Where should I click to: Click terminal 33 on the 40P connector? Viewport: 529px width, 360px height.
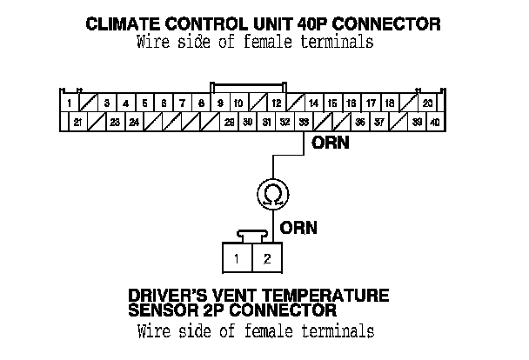click(x=303, y=123)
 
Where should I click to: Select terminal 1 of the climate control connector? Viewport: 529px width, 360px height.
click(x=70, y=103)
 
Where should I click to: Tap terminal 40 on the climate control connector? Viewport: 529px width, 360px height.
click(x=436, y=123)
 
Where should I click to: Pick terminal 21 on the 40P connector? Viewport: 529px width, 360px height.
click(x=78, y=123)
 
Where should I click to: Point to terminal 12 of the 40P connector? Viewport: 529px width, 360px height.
click(x=276, y=103)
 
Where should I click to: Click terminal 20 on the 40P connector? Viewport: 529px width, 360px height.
click(x=427, y=103)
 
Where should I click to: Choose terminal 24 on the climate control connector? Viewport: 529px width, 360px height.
click(x=135, y=123)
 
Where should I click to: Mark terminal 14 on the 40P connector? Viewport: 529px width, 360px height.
click(x=313, y=103)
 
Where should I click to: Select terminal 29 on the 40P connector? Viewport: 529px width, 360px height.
click(x=229, y=123)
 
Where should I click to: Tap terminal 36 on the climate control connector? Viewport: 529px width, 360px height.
click(x=360, y=123)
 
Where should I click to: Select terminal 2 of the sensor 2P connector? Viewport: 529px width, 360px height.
click(x=268, y=258)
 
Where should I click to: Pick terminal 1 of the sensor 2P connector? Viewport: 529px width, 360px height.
click(x=236, y=258)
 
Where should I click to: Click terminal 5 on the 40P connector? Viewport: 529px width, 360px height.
click(x=144, y=103)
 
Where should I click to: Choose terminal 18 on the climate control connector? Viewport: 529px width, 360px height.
click(x=389, y=103)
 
